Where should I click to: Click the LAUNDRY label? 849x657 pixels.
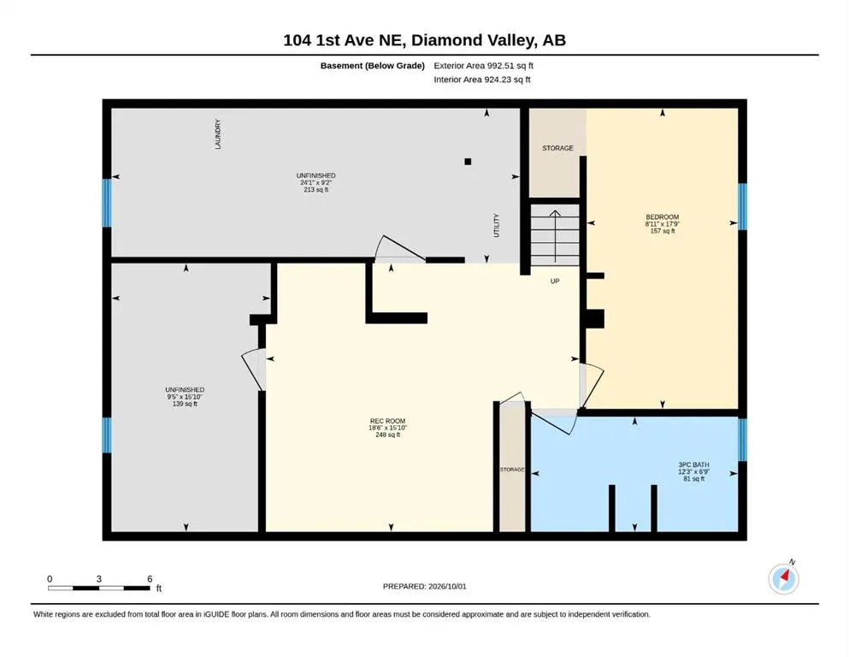(218, 134)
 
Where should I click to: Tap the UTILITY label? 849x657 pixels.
(497, 225)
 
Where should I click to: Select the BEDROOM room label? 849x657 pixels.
(663, 216)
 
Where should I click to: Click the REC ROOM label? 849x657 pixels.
(387, 421)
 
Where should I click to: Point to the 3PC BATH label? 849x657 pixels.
(693, 465)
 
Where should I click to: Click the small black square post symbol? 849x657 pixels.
(468, 162)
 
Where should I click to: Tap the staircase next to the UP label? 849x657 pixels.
(555, 234)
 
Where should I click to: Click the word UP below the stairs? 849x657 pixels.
(555, 281)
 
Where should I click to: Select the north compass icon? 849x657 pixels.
(783, 578)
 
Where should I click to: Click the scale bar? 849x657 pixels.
(98, 588)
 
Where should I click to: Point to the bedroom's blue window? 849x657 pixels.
(742, 206)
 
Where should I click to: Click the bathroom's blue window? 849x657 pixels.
(742, 439)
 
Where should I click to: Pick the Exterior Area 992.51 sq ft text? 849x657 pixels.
(484, 66)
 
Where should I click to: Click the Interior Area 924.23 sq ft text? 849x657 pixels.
(482, 80)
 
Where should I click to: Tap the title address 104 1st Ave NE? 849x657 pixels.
(345, 40)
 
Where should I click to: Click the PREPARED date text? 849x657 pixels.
(424, 586)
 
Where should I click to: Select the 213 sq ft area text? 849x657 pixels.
(316, 190)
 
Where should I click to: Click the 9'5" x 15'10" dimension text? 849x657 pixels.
(185, 396)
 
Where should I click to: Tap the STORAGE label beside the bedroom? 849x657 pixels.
(557, 148)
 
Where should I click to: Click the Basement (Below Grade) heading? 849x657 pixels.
(373, 66)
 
